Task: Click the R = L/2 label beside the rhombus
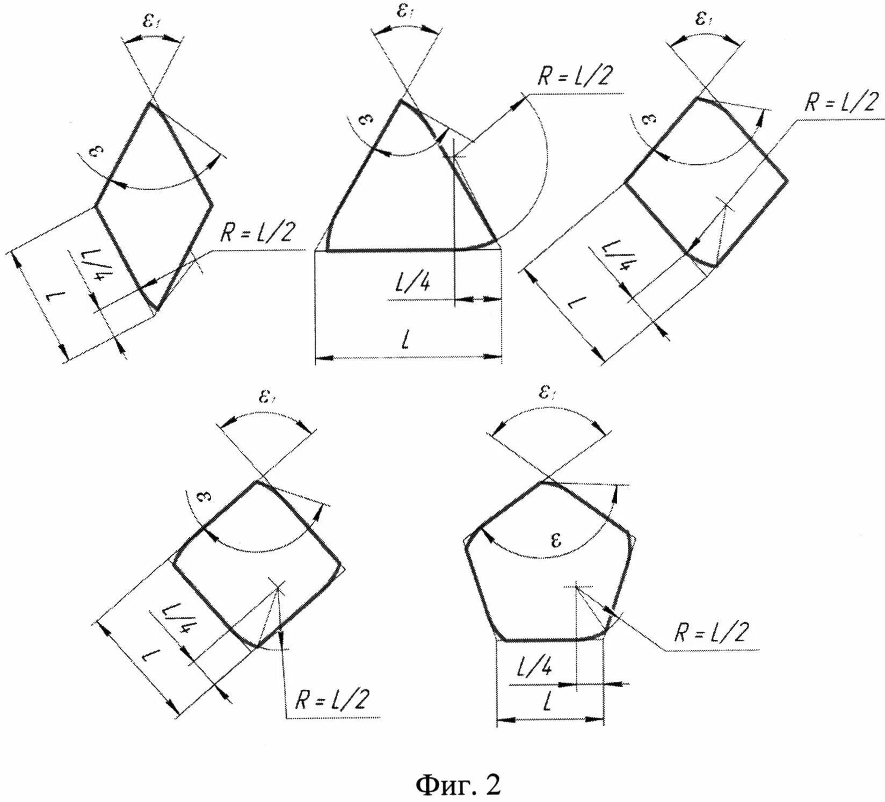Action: [257, 234]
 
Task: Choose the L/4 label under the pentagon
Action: [534, 669]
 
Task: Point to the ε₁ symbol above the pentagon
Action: [546, 394]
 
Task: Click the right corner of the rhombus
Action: [212, 205]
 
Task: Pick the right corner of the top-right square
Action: [787, 181]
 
